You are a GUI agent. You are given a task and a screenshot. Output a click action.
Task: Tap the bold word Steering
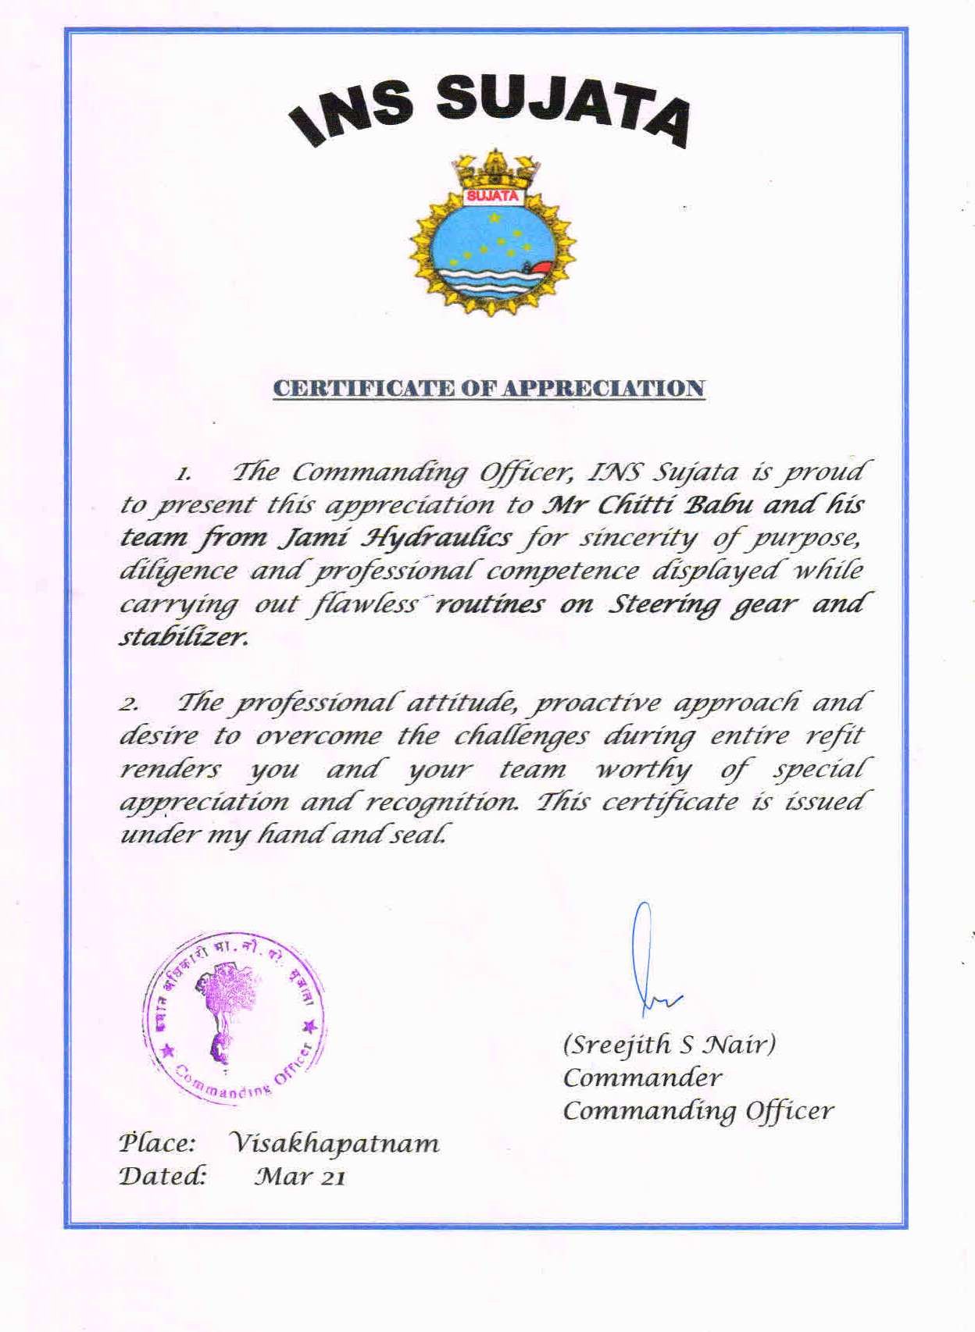coord(659,604)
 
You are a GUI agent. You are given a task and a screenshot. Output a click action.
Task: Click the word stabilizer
coord(184,637)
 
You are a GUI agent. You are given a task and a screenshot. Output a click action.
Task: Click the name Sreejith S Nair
coord(669,1045)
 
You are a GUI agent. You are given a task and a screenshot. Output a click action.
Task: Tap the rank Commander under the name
coord(642,1078)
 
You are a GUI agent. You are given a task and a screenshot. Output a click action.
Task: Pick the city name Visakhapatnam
coord(337,1144)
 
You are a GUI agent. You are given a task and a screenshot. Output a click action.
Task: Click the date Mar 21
coord(299,1176)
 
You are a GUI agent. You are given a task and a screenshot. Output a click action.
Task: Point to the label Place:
coord(156,1144)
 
